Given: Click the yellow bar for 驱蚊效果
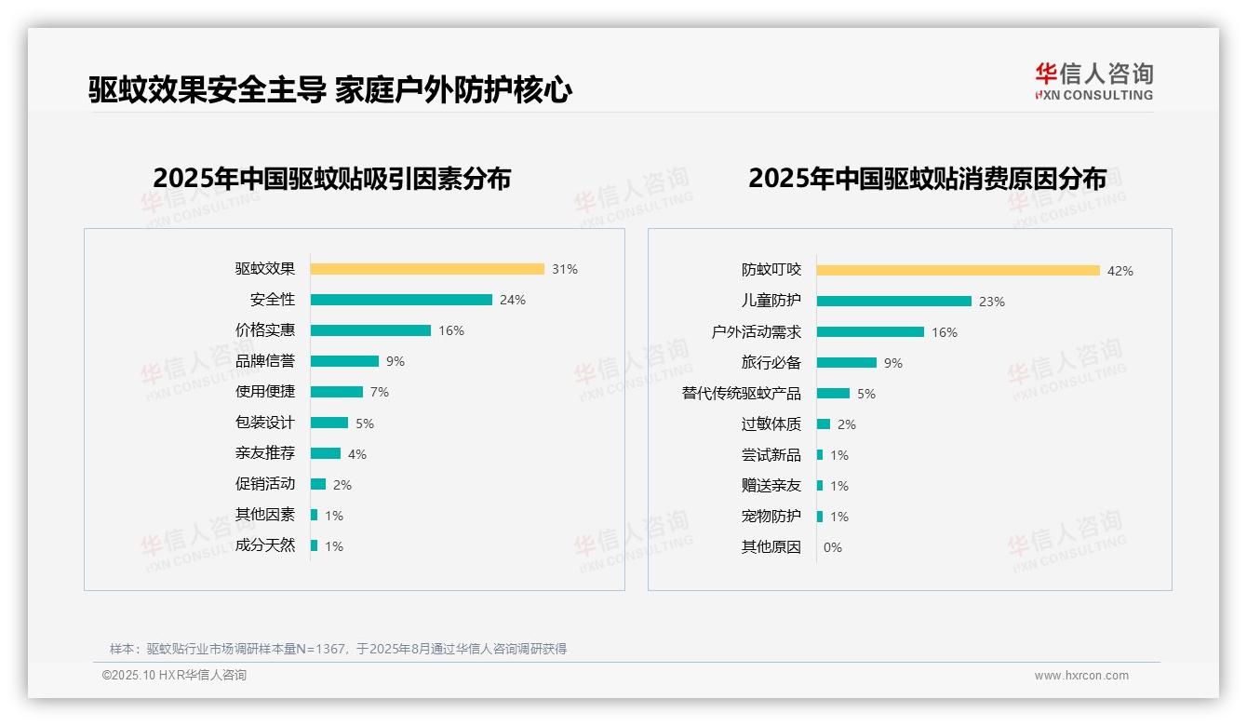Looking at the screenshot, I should tap(427, 269).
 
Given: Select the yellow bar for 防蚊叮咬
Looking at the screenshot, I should tap(959, 271).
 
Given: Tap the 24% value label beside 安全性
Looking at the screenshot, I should tap(513, 300).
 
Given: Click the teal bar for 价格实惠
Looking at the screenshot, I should tap(370, 330).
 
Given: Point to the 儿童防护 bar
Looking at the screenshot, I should tap(894, 302).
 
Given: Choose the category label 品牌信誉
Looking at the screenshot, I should tap(265, 361).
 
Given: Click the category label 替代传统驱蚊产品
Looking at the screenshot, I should tap(742, 394).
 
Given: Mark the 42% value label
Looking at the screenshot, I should tap(1120, 271).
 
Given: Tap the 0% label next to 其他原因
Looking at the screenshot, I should tap(833, 547).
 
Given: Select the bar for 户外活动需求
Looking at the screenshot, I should tap(870, 332).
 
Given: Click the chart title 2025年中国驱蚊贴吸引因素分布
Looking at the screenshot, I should tap(332, 179).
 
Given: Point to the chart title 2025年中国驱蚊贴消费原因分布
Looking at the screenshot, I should tap(927, 179).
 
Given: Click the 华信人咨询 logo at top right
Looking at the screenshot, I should tap(1093, 81).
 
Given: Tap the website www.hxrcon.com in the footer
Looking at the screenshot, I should tap(1081, 676).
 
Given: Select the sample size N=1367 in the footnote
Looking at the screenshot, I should tap(319, 649).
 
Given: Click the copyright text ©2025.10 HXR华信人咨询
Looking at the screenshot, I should tap(174, 676).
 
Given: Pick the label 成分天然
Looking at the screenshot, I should tap(265, 545).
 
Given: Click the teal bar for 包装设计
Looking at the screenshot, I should tap(329, 423).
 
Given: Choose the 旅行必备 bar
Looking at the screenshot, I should tap(847, 363).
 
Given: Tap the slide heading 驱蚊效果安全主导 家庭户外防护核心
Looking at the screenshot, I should tap(330, 90).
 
